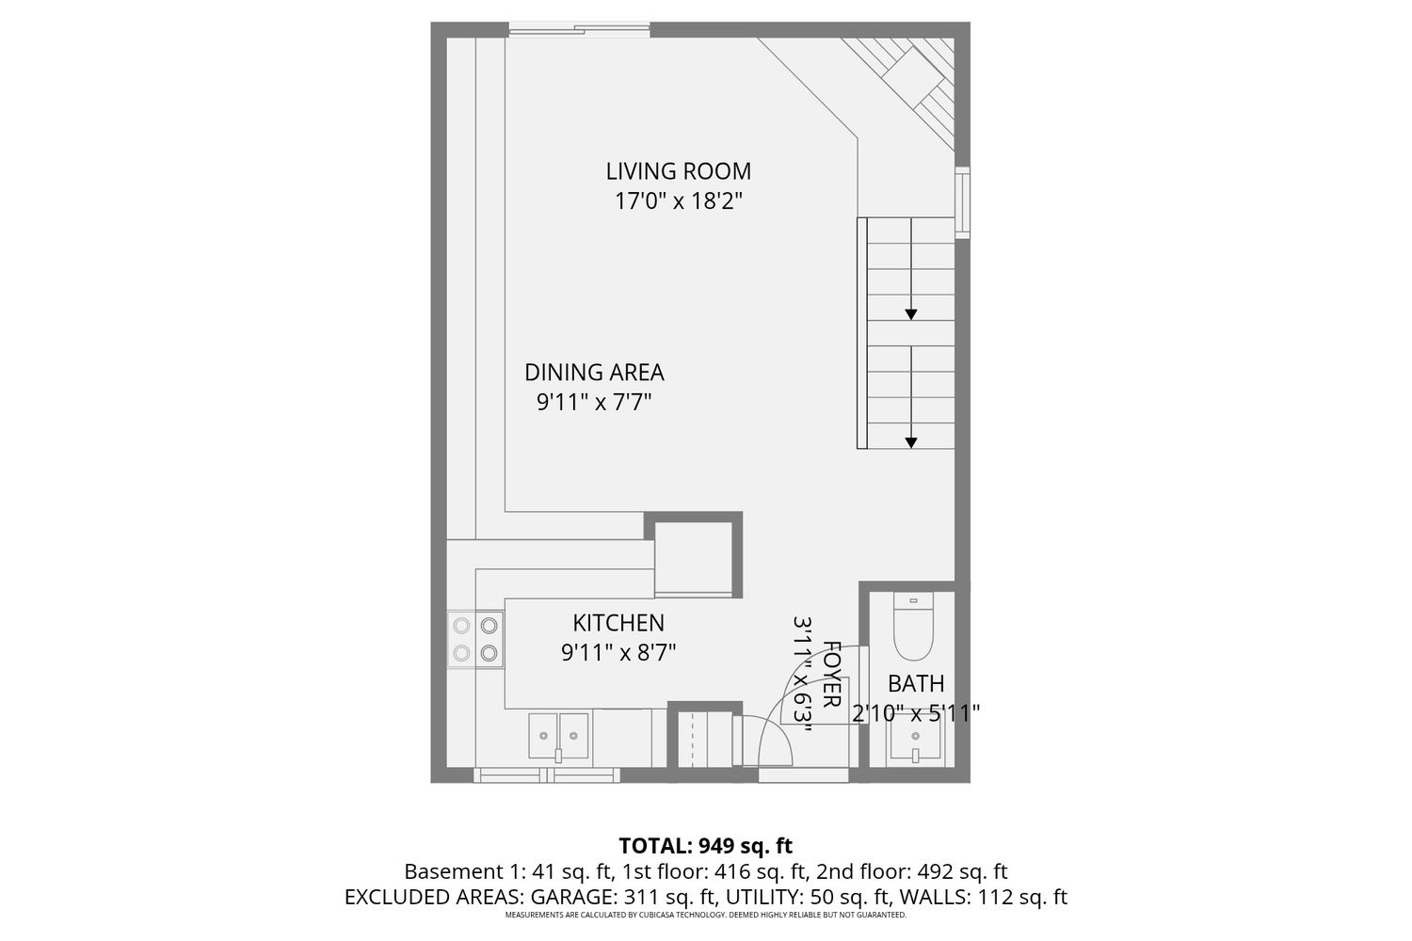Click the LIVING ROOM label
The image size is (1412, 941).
tap(679, 171)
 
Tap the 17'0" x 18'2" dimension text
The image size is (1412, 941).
tap(679, 201)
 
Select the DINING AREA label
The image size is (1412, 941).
tap(594, 373)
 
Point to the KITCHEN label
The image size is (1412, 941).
tap(618, 623)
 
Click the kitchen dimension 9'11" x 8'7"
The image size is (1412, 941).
tap(618, 653)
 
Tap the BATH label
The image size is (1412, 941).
tap(916, 683)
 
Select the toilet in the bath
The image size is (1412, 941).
tap(913, 626)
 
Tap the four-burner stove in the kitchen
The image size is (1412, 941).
tap(475, 639)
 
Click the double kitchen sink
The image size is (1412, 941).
tap(558, 736)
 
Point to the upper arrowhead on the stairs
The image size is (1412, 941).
tap(911, 314)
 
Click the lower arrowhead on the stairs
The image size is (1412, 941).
tap(911, 443)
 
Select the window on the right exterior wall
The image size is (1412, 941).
tap(962, 202)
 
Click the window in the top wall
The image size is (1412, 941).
tap(579, 29)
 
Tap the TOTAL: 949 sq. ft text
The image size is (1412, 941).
tap(705, 845)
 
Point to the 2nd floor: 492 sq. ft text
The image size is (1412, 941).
tap(911, 871)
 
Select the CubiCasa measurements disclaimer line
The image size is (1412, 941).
tap(705, 916)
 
